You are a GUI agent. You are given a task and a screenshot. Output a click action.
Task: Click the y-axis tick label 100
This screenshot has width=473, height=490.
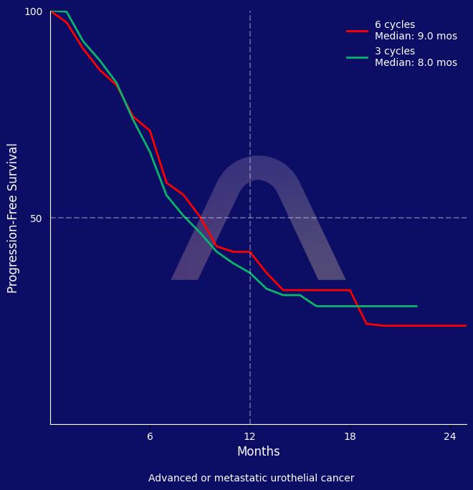tap(34, 11)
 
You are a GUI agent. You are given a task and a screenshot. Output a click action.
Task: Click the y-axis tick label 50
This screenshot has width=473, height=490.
tap(36, 218)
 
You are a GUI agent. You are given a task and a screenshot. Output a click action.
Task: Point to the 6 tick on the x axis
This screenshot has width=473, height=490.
tap(150, 437)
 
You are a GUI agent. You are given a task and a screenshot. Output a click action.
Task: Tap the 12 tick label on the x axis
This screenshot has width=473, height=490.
tap(250, 437)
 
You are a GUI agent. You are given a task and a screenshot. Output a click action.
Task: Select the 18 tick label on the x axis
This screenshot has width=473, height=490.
tap(350, 437)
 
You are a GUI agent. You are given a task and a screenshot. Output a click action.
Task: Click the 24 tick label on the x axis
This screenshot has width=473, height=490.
tap(449, 437)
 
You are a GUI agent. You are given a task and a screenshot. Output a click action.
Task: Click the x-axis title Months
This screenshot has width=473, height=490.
tap(258, 452)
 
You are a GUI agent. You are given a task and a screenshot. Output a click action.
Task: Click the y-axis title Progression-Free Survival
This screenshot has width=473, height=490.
tap(13, 218)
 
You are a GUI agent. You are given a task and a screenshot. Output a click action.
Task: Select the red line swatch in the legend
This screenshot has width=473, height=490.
tap(357, 31)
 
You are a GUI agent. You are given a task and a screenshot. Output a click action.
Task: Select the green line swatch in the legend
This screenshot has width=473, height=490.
tap(357, 57)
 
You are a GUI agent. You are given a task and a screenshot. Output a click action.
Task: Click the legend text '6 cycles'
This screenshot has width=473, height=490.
tap(394, 25)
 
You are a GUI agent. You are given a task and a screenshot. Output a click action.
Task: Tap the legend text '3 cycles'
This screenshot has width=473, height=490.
tap(394, 52)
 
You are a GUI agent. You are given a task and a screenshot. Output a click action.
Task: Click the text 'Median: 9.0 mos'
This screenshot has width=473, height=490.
tap(416, 37)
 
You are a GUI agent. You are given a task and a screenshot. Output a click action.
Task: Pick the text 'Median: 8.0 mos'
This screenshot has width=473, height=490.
tap(416, 63)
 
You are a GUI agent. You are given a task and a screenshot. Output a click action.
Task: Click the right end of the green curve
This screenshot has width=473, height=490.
tap(416, 306)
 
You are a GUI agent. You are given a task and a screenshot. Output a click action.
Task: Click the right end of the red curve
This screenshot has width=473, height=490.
tap(466, 325)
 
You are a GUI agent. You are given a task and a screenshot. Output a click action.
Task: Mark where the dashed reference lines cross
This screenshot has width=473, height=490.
tap(250, 218)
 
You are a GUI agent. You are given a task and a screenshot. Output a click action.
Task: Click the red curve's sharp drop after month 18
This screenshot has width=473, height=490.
tap(358, 307)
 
